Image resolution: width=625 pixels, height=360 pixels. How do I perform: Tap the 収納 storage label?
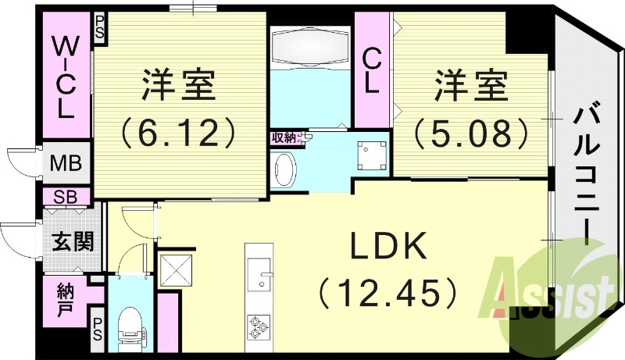coord(283,138)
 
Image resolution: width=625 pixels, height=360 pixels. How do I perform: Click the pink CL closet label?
coord(373,70)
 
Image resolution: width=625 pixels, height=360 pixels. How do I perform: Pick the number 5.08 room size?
coord(472,133)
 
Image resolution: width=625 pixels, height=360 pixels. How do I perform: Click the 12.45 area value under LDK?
coord(387,294)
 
